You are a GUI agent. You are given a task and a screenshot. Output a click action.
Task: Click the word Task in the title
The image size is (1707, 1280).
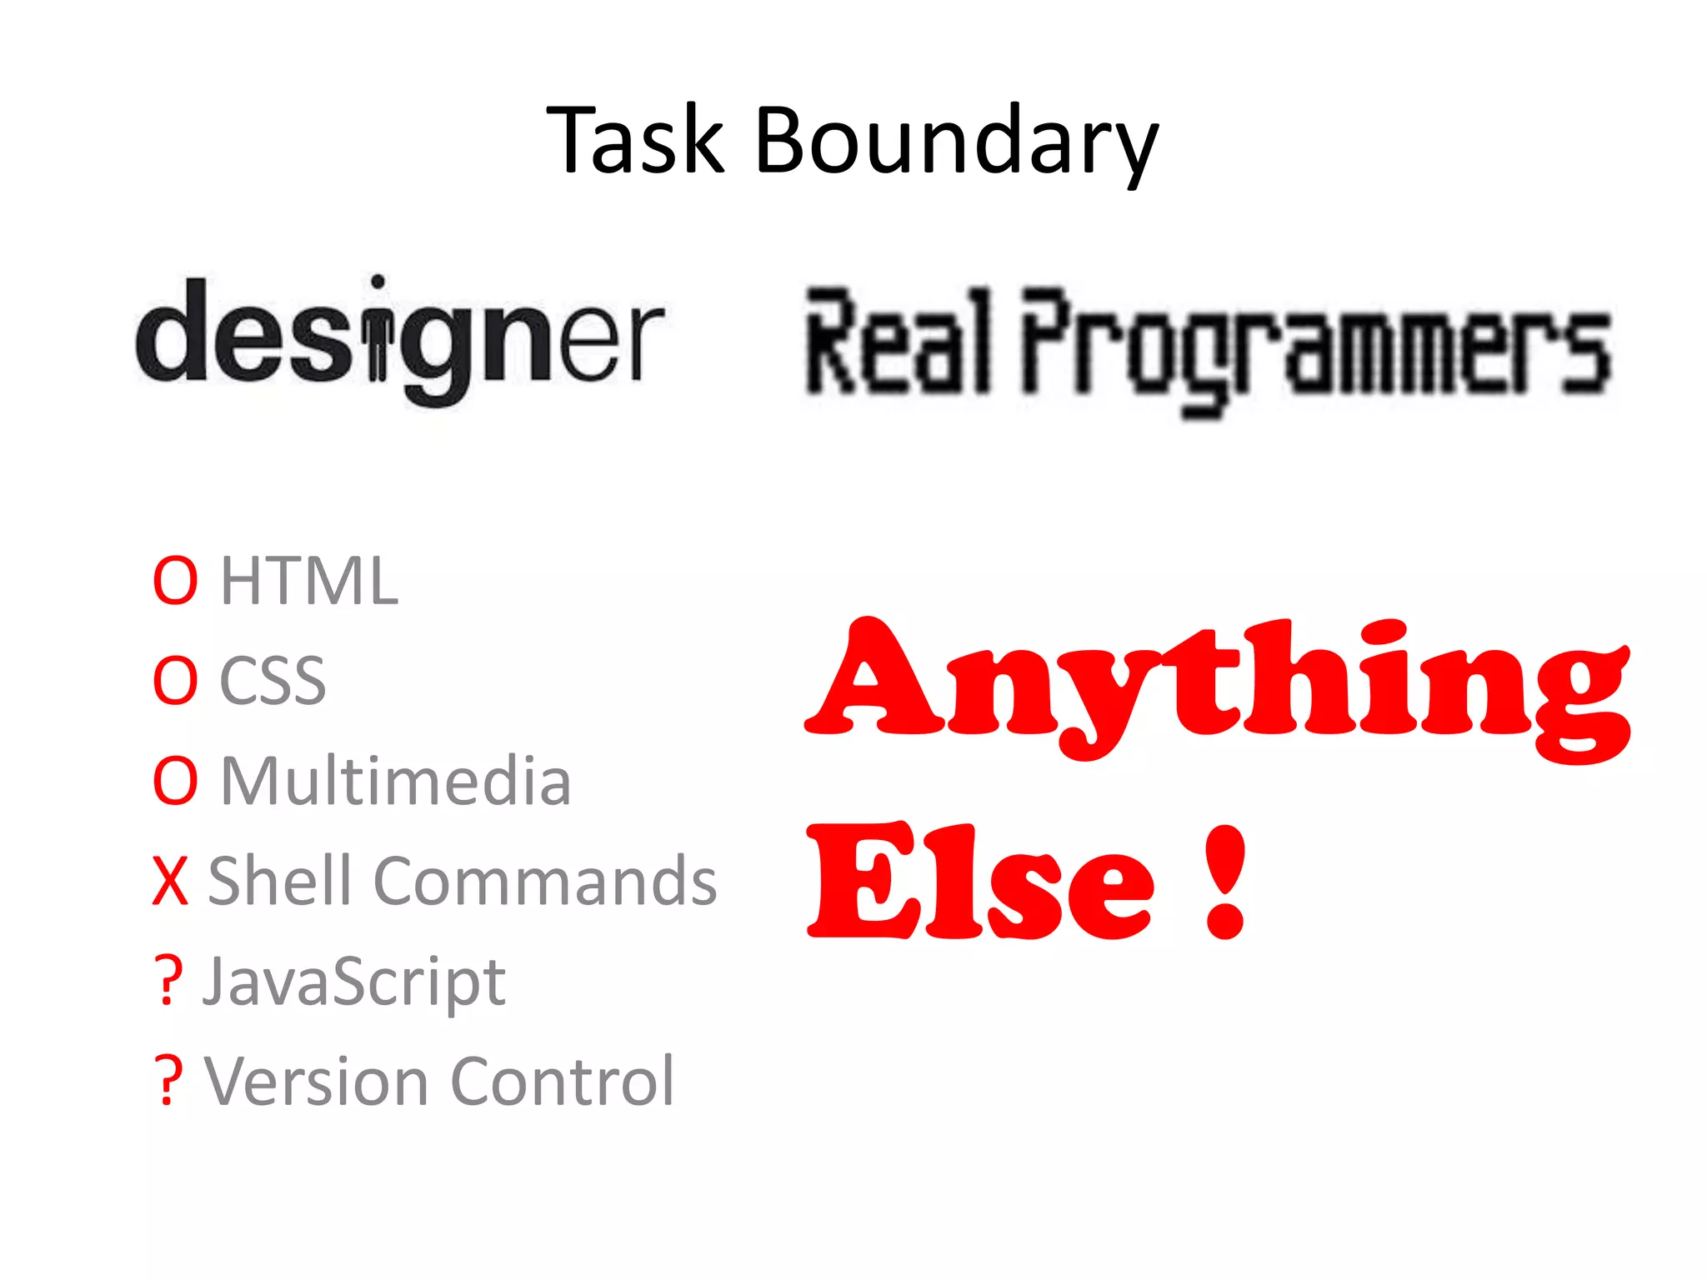tap(635, 141)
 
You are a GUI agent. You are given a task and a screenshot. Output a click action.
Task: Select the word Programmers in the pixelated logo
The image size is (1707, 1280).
tap(1316, 350)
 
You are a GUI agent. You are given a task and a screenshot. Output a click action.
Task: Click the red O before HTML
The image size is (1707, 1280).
tap(175, 581)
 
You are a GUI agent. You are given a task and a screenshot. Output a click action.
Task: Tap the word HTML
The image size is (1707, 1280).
tap(309, 581)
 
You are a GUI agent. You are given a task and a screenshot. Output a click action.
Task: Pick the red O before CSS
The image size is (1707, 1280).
tap(175, 681)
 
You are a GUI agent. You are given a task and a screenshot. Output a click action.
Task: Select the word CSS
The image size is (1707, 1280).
tap(273, 681)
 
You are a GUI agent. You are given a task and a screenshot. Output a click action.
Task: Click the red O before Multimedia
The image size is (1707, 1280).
tap(175, 781)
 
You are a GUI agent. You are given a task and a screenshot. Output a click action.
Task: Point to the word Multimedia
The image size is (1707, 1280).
tap(396, 781)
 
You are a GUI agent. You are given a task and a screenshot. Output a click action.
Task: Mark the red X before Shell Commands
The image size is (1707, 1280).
tap(171, 881)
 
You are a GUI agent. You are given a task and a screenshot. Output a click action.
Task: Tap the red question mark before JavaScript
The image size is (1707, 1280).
tap(168, 981)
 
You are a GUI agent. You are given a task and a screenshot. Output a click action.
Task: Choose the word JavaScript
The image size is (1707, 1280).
tap(354, 982)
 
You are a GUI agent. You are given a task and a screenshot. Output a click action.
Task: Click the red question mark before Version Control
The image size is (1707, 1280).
tap(168, 1081)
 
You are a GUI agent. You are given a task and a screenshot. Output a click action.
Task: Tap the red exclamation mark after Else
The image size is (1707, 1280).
tap(1225, 882)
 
